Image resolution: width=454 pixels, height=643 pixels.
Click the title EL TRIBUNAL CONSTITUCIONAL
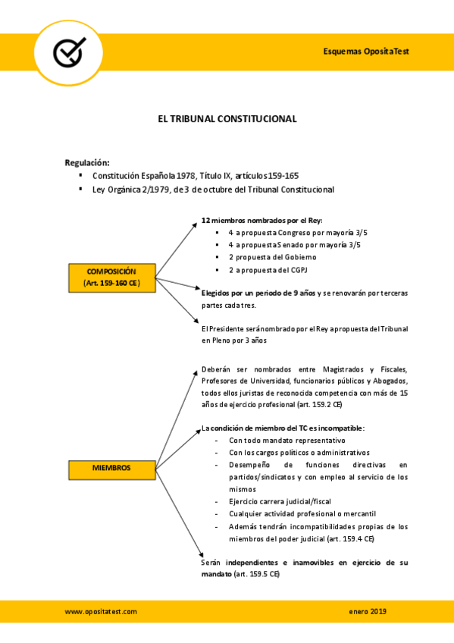pos(227,119)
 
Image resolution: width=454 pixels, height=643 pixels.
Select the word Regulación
pos(87,162)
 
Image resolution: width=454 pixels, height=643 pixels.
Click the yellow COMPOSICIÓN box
pos(111,276)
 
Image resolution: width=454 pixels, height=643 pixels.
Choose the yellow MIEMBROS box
pos(111,468)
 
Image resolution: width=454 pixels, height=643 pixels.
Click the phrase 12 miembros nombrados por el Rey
pos(252,221)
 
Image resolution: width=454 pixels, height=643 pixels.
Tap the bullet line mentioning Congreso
pos(294,233)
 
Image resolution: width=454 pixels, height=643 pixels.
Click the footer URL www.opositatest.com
pos(100,611)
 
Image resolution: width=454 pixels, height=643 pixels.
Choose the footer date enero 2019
pos(368,611)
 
